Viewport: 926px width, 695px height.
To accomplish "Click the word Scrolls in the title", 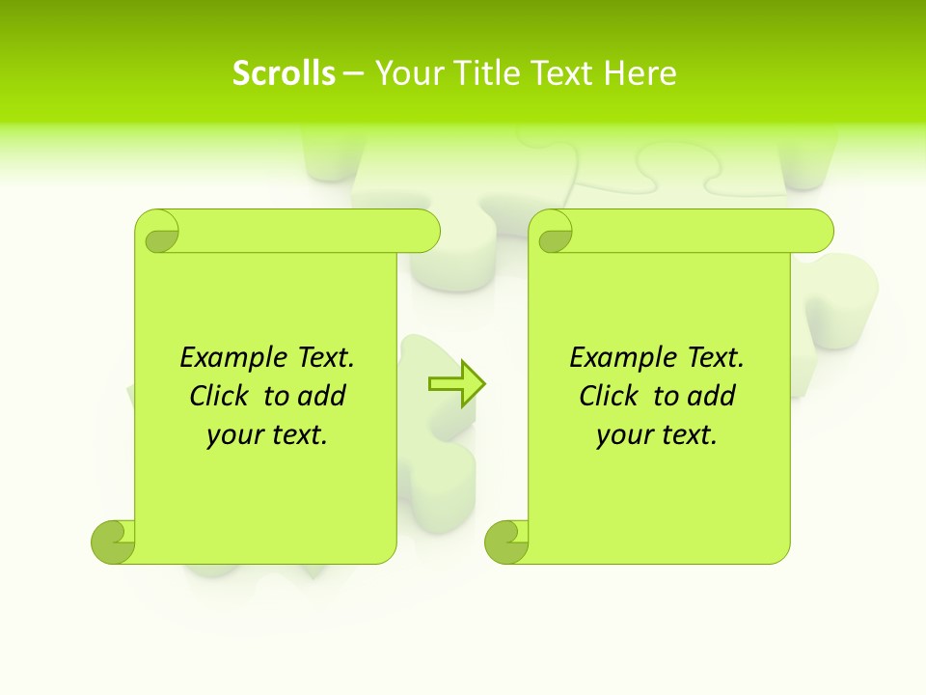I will click(284, 73).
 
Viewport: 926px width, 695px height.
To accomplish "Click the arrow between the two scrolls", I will click(456, 385).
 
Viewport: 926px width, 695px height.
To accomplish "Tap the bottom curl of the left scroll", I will click(113, 542).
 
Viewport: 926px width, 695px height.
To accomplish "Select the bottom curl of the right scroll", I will click(506, 542).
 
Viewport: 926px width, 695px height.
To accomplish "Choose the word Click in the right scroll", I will click(608, 396).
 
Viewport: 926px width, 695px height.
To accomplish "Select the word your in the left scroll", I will click(234, 435).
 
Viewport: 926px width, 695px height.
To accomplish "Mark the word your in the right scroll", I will click(624, 435).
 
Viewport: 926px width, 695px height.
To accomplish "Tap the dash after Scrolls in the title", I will click(354, 73).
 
